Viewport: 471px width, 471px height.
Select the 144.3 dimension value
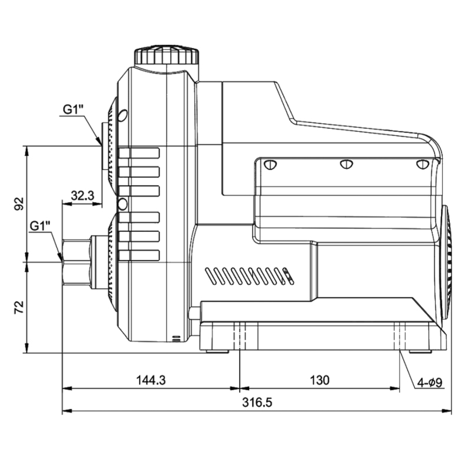click(x=151, y=380)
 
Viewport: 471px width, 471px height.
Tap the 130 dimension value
click(x=319, y=380)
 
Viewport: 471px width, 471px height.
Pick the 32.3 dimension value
click(x=82, y=195)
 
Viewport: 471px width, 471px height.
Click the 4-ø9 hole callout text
click(x=430, y=383)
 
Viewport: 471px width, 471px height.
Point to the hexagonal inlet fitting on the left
click(x=76, y=262)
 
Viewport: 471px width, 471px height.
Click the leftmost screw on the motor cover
click(x=271, y=164)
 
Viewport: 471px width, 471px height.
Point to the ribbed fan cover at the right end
click(x=445, y=259)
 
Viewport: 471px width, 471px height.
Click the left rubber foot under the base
click(x=217, y=351)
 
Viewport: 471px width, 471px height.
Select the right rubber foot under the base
click(x=420, y=351)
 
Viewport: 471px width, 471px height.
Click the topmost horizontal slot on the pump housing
click(x=140, y=153)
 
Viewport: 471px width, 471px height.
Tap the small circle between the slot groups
click(x=122, y=204)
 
